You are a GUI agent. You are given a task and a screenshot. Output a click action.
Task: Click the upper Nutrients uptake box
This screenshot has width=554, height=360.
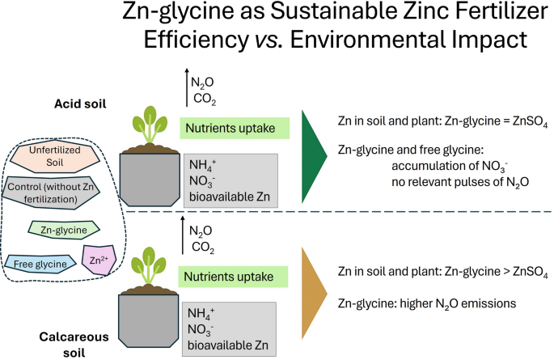[230, 127]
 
